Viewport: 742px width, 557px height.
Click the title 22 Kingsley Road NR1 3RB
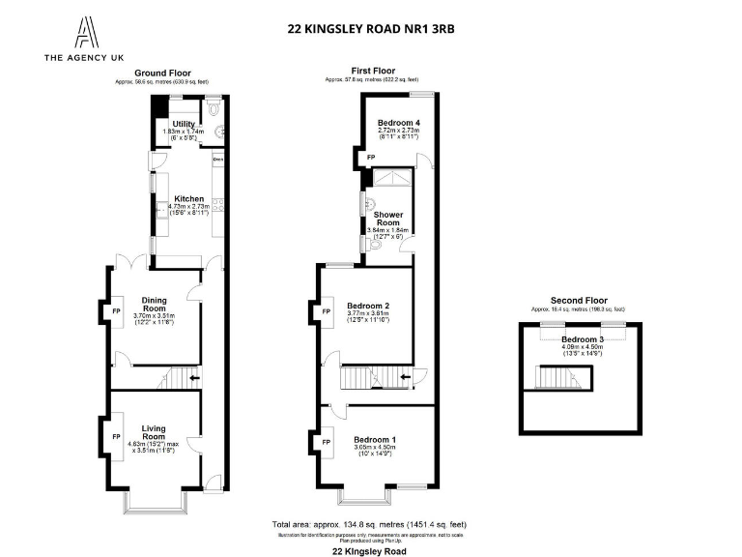(371, 29)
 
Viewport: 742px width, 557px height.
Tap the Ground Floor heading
(162, 73)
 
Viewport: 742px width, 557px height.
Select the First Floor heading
(372, 71)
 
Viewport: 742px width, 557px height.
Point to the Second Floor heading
(578, 301)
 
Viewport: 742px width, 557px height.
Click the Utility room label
(185, 125)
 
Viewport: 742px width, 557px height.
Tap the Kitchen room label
(188, 199)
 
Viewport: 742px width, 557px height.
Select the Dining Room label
(155, 305)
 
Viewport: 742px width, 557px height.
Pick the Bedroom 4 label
(397, 122)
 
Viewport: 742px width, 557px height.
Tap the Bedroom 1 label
(372, 438)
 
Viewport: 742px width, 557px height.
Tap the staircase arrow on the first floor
(406, 377)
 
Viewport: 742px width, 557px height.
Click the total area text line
(371, 523)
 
